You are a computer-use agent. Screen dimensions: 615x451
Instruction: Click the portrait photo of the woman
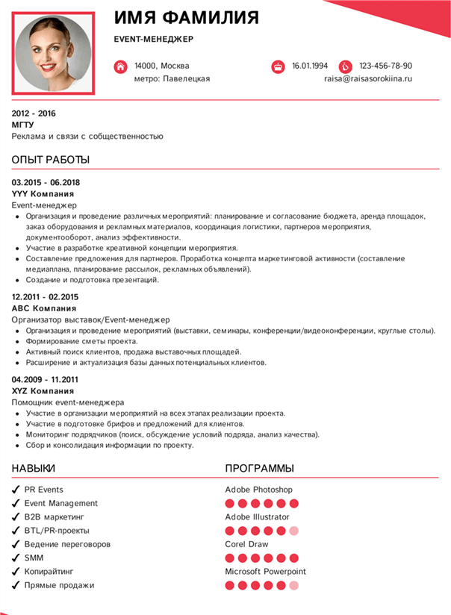pyautogui.click(x=53, y=52)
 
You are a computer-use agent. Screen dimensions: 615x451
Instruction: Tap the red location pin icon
pyautogui.click(x=120, y=66)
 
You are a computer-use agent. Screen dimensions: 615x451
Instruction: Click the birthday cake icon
pyautogui.click(x=278, y=66)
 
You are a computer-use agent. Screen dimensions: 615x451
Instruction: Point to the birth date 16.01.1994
pyautogui.click(x=310, y=66)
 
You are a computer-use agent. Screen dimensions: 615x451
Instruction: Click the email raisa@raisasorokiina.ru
pyautogui.click(x=367, y=78)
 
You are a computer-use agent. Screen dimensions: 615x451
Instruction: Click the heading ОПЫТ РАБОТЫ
pyautogui.click(x=51, y=160)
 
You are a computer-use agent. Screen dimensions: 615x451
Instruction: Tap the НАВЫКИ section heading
pyautogui.click(x=34, y=468)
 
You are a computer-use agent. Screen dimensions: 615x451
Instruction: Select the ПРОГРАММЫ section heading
pyautogui.click(x=259, y=468)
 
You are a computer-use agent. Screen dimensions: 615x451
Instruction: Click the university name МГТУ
pyautogui.click(x=23, y=125)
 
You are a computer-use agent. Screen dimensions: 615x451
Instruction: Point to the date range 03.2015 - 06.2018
pyautogui.click(x=46, y=182)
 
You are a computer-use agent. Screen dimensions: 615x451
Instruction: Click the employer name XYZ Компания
pyautogui.click(x=43, y=390)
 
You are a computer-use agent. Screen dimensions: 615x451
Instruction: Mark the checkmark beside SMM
pyautogui.click(x=16, y=558)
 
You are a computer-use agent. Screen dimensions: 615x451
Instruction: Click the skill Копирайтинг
pyautogui.click(x=49, y=571)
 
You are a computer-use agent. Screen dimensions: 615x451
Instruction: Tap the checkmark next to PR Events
pyautogui.click(x=16, y=490)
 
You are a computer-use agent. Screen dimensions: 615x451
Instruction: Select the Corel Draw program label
pyautogui.click(x=246, y=544)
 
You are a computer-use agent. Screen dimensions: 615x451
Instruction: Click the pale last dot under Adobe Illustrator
pyautogui.click(x=294, y=531)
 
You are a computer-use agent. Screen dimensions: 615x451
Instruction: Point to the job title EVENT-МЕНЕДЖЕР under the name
pyautogui.click(x=154, y=39)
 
